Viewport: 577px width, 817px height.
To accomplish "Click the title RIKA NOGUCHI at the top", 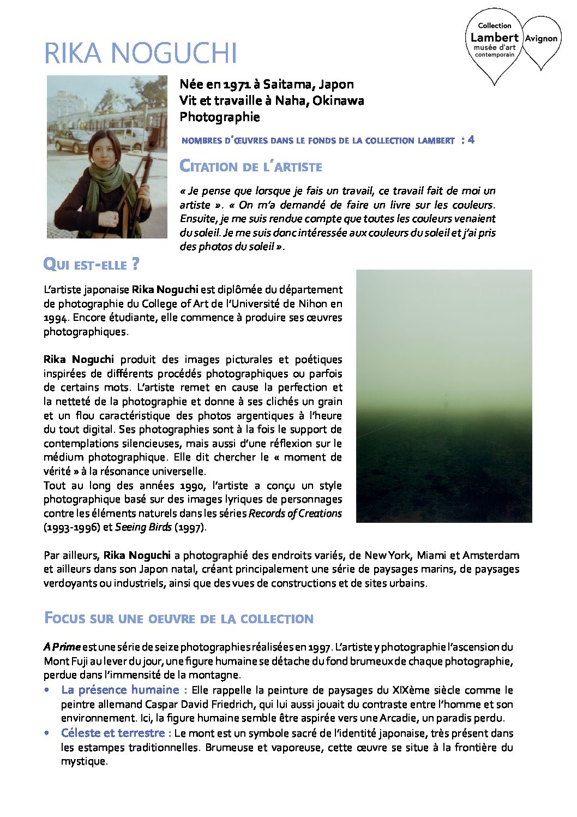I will point(140,53).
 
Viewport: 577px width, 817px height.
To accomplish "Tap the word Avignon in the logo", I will point(541,38).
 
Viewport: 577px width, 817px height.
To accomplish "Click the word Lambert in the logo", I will point(494,37).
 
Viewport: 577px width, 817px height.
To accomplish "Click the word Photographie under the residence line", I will point(220,117).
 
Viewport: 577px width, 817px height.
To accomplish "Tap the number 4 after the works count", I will point(471,140).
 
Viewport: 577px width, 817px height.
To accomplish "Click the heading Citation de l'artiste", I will point(251,166).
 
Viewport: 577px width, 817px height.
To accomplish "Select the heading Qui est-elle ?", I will point(91,265).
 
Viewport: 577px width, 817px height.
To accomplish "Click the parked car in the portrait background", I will point(74,141).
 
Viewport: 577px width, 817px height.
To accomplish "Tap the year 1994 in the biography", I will point(55,318).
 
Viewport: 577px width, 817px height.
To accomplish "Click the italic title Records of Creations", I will point(295,514).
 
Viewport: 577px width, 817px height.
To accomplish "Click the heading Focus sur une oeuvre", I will point(178,618).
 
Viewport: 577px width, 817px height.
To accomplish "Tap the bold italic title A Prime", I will point(62,647).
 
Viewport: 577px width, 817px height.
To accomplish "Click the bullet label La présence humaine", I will point(120,690).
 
